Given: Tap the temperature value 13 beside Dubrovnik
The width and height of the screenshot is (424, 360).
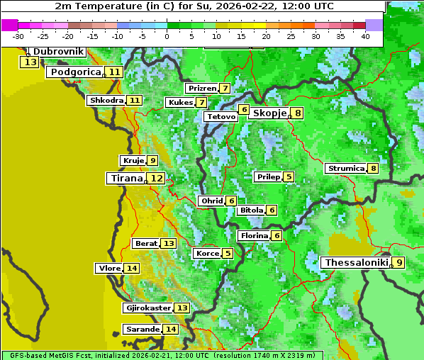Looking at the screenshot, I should [30, 62].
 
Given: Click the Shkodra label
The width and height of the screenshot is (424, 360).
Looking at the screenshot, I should [106, 100].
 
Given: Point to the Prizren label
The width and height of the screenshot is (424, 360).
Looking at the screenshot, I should [201, 89].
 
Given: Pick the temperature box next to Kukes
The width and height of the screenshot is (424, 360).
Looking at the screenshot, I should [202, 103].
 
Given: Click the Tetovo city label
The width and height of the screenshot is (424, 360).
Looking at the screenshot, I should [221, 116].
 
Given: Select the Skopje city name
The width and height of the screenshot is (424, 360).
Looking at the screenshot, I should [269, 113].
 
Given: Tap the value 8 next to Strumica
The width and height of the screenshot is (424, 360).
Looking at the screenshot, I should [373, 168].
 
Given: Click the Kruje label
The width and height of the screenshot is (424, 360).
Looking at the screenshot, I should [133, 160].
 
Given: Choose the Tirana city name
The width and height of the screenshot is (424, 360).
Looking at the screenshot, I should [125, 179].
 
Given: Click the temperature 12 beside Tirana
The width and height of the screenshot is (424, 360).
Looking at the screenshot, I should [156, 179].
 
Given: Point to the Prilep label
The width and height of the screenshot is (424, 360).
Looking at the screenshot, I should [268, 176].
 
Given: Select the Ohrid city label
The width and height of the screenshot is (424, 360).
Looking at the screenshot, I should [211, 201].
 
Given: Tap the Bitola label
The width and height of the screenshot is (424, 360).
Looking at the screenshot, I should [252, 210].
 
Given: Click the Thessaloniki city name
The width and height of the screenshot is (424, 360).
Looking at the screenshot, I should [356, 262].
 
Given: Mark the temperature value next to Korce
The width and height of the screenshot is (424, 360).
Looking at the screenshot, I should [228, 253].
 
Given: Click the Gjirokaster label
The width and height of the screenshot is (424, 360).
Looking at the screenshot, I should [147, 308].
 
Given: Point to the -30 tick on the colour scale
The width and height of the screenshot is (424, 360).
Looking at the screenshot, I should [18, 36].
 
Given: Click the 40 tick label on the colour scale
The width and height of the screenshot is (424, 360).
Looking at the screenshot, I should [365, 36].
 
